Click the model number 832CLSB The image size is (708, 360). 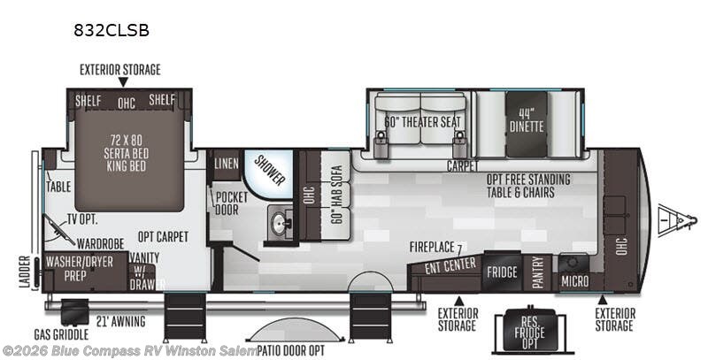(x=112, y=30)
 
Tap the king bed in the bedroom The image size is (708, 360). (x=129, y=153)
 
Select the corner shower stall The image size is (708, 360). (x=268, y=174)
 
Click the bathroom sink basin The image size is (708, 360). (x=278, y=222)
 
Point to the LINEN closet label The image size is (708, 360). (x=227, y=164)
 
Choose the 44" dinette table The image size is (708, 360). (x=527, y=124)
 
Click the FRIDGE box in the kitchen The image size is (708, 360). (x=502, y=272)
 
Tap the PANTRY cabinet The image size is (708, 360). (x=537, y=272)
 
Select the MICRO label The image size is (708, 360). (x=574, y=281)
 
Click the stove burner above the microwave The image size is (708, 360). (x=573, y=263)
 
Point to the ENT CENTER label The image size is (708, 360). (x=450, y=265)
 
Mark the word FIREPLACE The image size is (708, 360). (x=432, y=247)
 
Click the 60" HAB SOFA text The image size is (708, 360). (x=336, y=194)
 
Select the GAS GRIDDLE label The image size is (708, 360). (x=61, y=334)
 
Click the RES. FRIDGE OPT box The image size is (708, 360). (x=529, y=330)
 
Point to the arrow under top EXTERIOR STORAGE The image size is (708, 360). (x=123, y=82)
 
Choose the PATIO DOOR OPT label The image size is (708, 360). (x=291, y=350)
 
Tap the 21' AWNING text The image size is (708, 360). (x=120, y=321)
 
